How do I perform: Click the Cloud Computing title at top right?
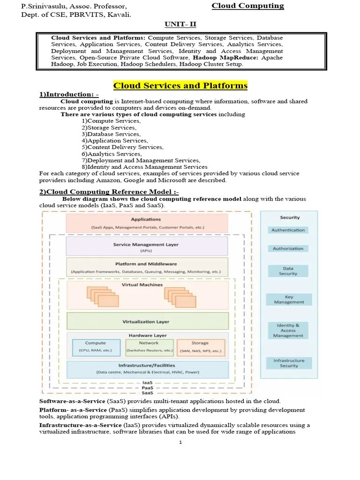point(247,6)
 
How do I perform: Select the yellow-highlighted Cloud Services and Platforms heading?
point(180,85)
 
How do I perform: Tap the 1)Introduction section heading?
point(69,95)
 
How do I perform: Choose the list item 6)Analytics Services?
point(112,154)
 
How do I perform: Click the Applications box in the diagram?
point(147,222)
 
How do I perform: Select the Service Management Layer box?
point(147,247)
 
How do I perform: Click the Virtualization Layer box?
point(147,322)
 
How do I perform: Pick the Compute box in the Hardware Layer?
point(96,347)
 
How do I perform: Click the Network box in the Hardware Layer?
point(149,347)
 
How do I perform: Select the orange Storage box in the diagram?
point(200,347)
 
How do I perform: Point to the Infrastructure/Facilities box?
point(147,368)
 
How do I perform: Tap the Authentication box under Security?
point(288,230)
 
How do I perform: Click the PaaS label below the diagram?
point(147,388)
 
